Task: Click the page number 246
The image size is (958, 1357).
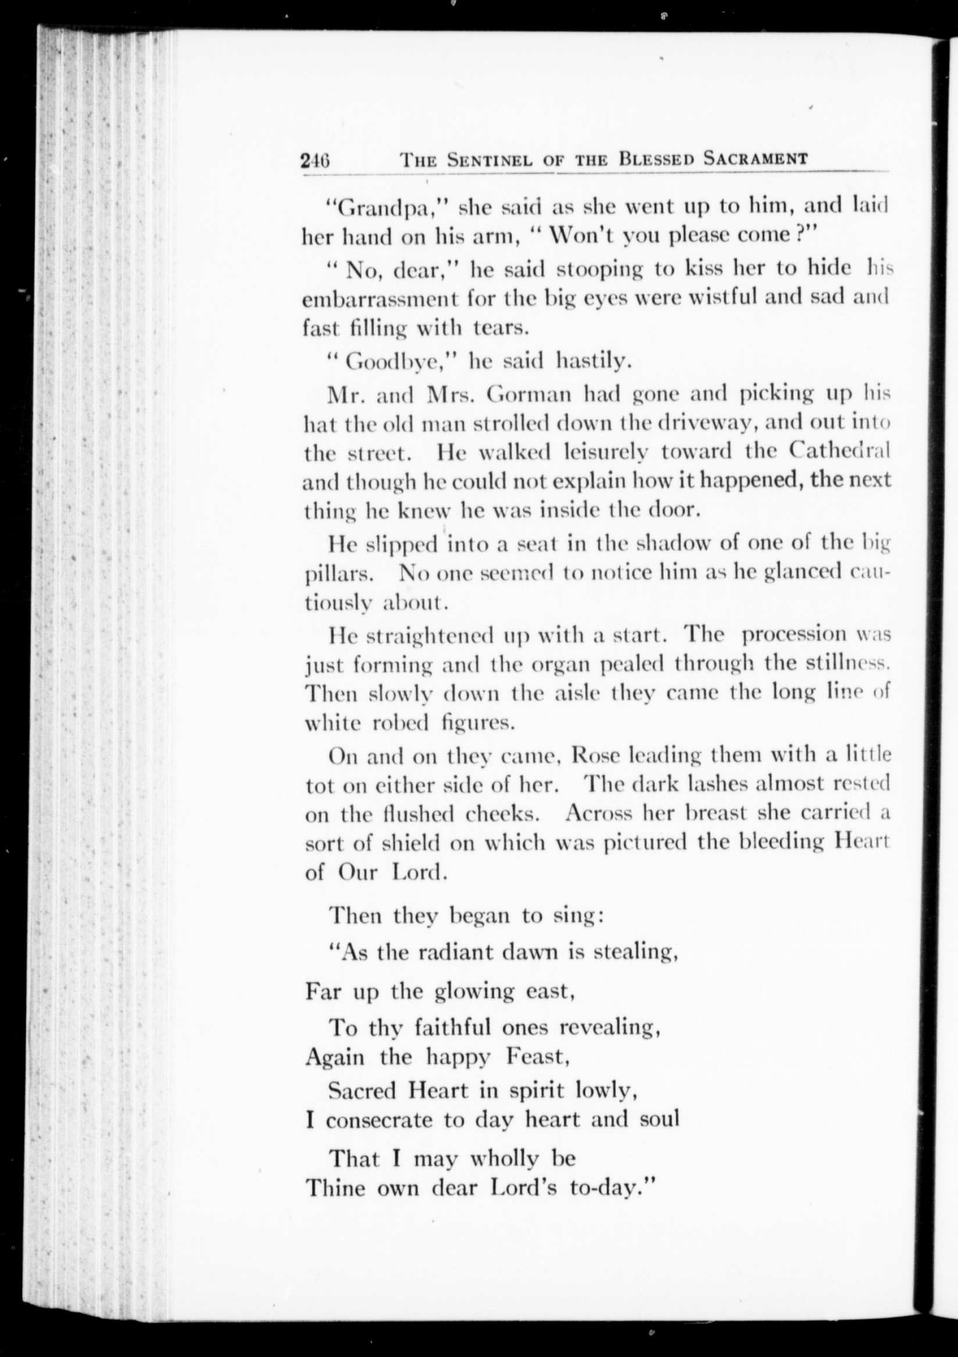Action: pyautogui.click(x=314, y=160)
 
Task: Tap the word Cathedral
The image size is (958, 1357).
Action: pyautogui.click(x=839, y=451)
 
